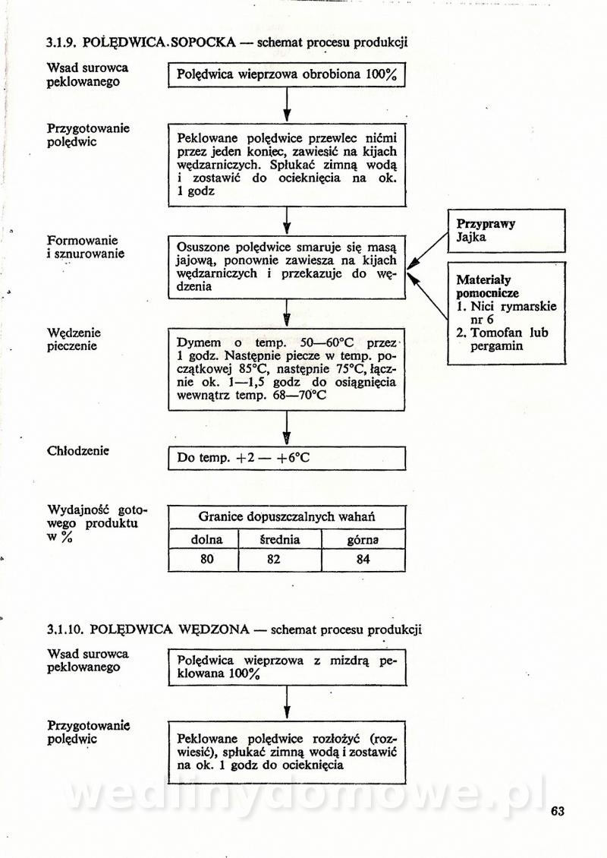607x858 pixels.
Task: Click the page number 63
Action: pyautogui.click(x=558, y=810)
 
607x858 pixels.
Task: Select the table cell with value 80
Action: pyautogui.click(x=203, y=560)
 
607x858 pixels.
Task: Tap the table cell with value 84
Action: pyautogui.click(x=363, y=560)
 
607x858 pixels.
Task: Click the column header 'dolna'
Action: pyautogui.click(x=203, y=540)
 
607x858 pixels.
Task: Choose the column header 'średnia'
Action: pyautogui.click(x=280, y=540)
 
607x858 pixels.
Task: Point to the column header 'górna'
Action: pyautogui.click(x=363, y=540)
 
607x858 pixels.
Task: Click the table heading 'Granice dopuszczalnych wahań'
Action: pyautogui.click(x=287, y=517)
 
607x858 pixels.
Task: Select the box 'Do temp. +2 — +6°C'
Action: pyautogui.click(x=287, y=458)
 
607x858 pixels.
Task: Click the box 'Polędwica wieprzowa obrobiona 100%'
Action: pyautogui.click(x=287, y=75)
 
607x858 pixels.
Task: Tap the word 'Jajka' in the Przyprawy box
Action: pyautogui.click(x=471, y=238)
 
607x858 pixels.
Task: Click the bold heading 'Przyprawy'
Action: pyautogui.click(x=486, y=224)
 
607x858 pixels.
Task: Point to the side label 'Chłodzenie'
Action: pyautogui.click(x=78, y=450)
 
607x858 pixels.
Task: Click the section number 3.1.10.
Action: pyautogui.click(x=65, y=629)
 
